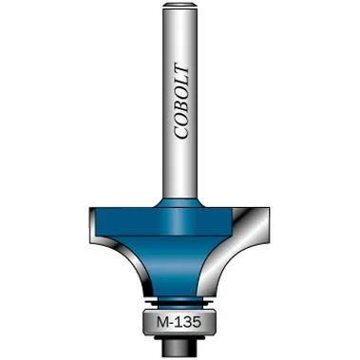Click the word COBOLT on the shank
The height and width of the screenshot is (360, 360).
click(181, 103)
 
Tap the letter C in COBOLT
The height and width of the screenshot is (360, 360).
click(181, 132)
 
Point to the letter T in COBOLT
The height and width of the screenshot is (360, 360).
click(181, 71)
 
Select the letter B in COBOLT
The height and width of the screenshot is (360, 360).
click(181, 105)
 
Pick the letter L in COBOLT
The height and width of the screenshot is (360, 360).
click(181, 84)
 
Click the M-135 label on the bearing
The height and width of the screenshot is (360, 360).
click(179, 323)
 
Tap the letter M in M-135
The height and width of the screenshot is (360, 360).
click(162, 323)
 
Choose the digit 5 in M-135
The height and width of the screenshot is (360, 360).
click(197, 323)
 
